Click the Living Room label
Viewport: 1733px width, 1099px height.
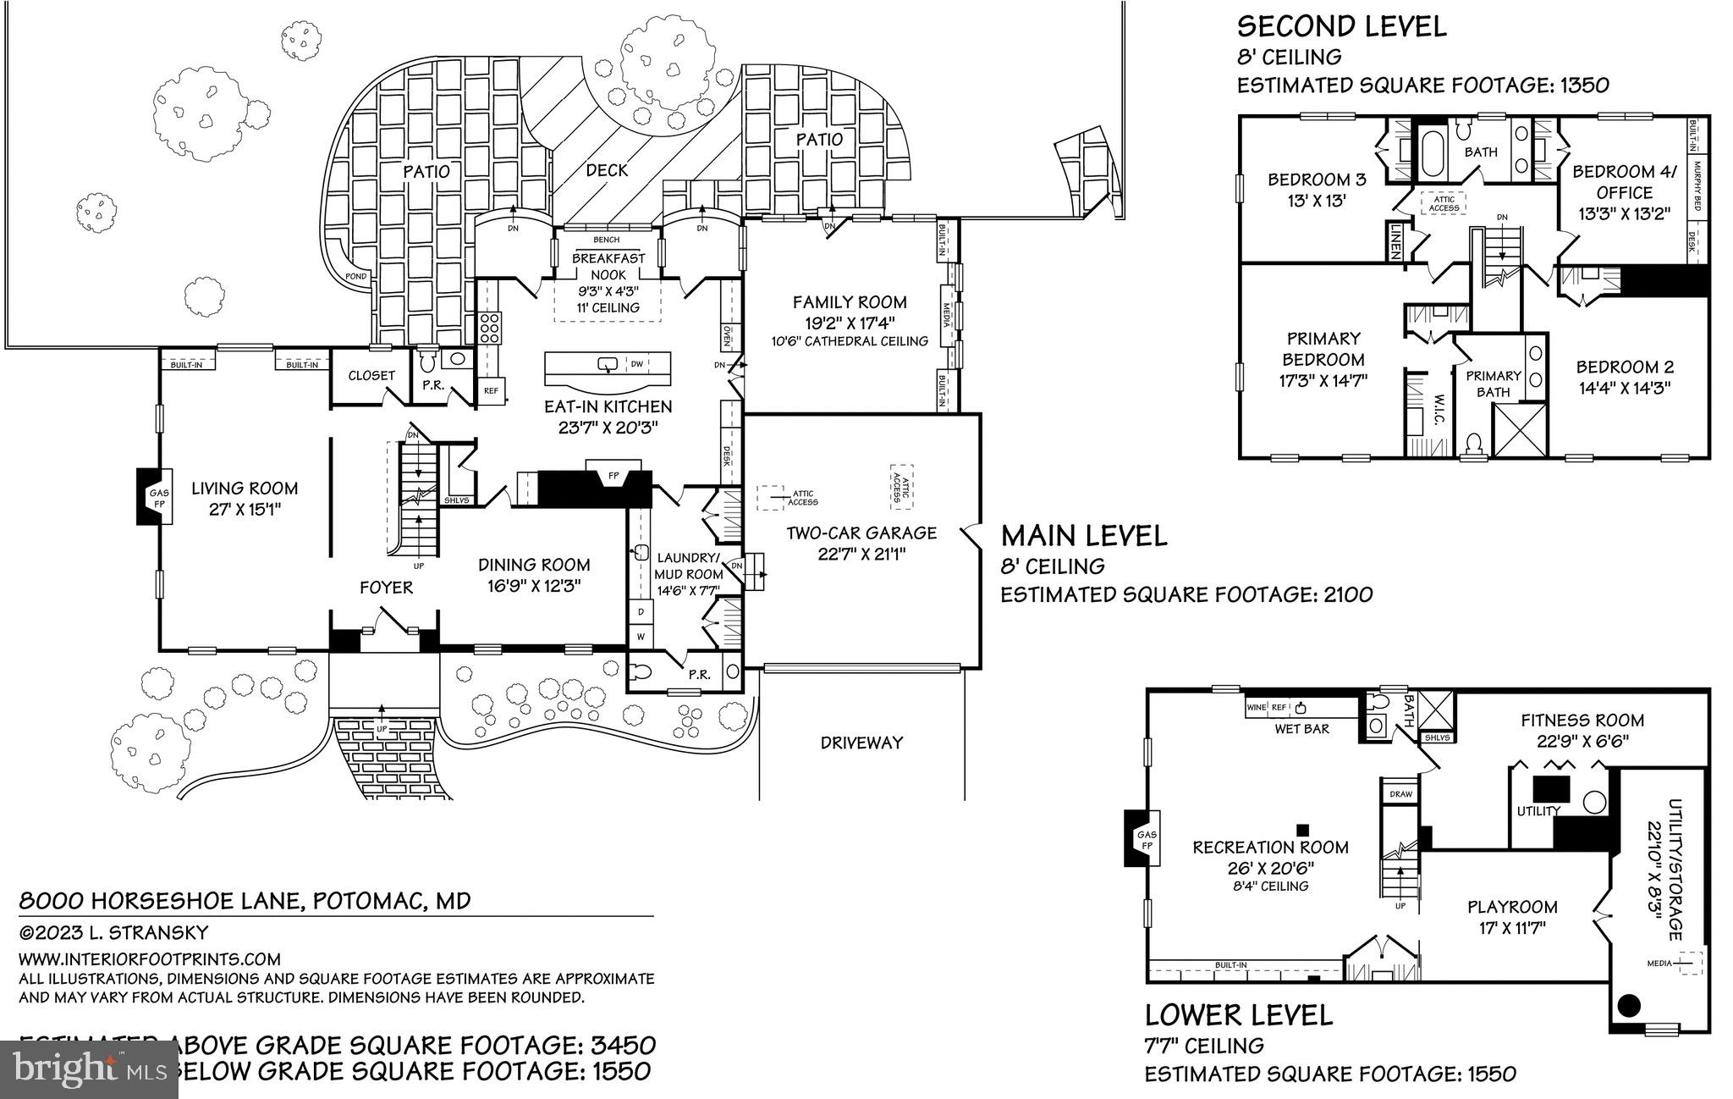[244, 489]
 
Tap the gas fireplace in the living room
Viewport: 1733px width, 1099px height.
[157, 498]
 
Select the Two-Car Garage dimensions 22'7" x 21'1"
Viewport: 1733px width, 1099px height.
[861, 554]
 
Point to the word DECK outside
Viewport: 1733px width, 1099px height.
[607, 170]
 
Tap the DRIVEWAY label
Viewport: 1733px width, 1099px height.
[861, 743]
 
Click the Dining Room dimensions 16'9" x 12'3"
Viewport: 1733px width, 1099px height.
[533, 585]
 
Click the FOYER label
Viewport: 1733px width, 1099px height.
[386, 587]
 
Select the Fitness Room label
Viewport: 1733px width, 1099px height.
[1582, 721]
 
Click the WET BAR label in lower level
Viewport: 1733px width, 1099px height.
[1301, 728]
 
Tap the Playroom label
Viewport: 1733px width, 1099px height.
[1511, 907]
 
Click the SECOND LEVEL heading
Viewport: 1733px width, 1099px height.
[1341, 26]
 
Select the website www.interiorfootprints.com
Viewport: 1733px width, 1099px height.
[149, 958]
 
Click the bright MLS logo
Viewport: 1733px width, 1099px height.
[89, 1069]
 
